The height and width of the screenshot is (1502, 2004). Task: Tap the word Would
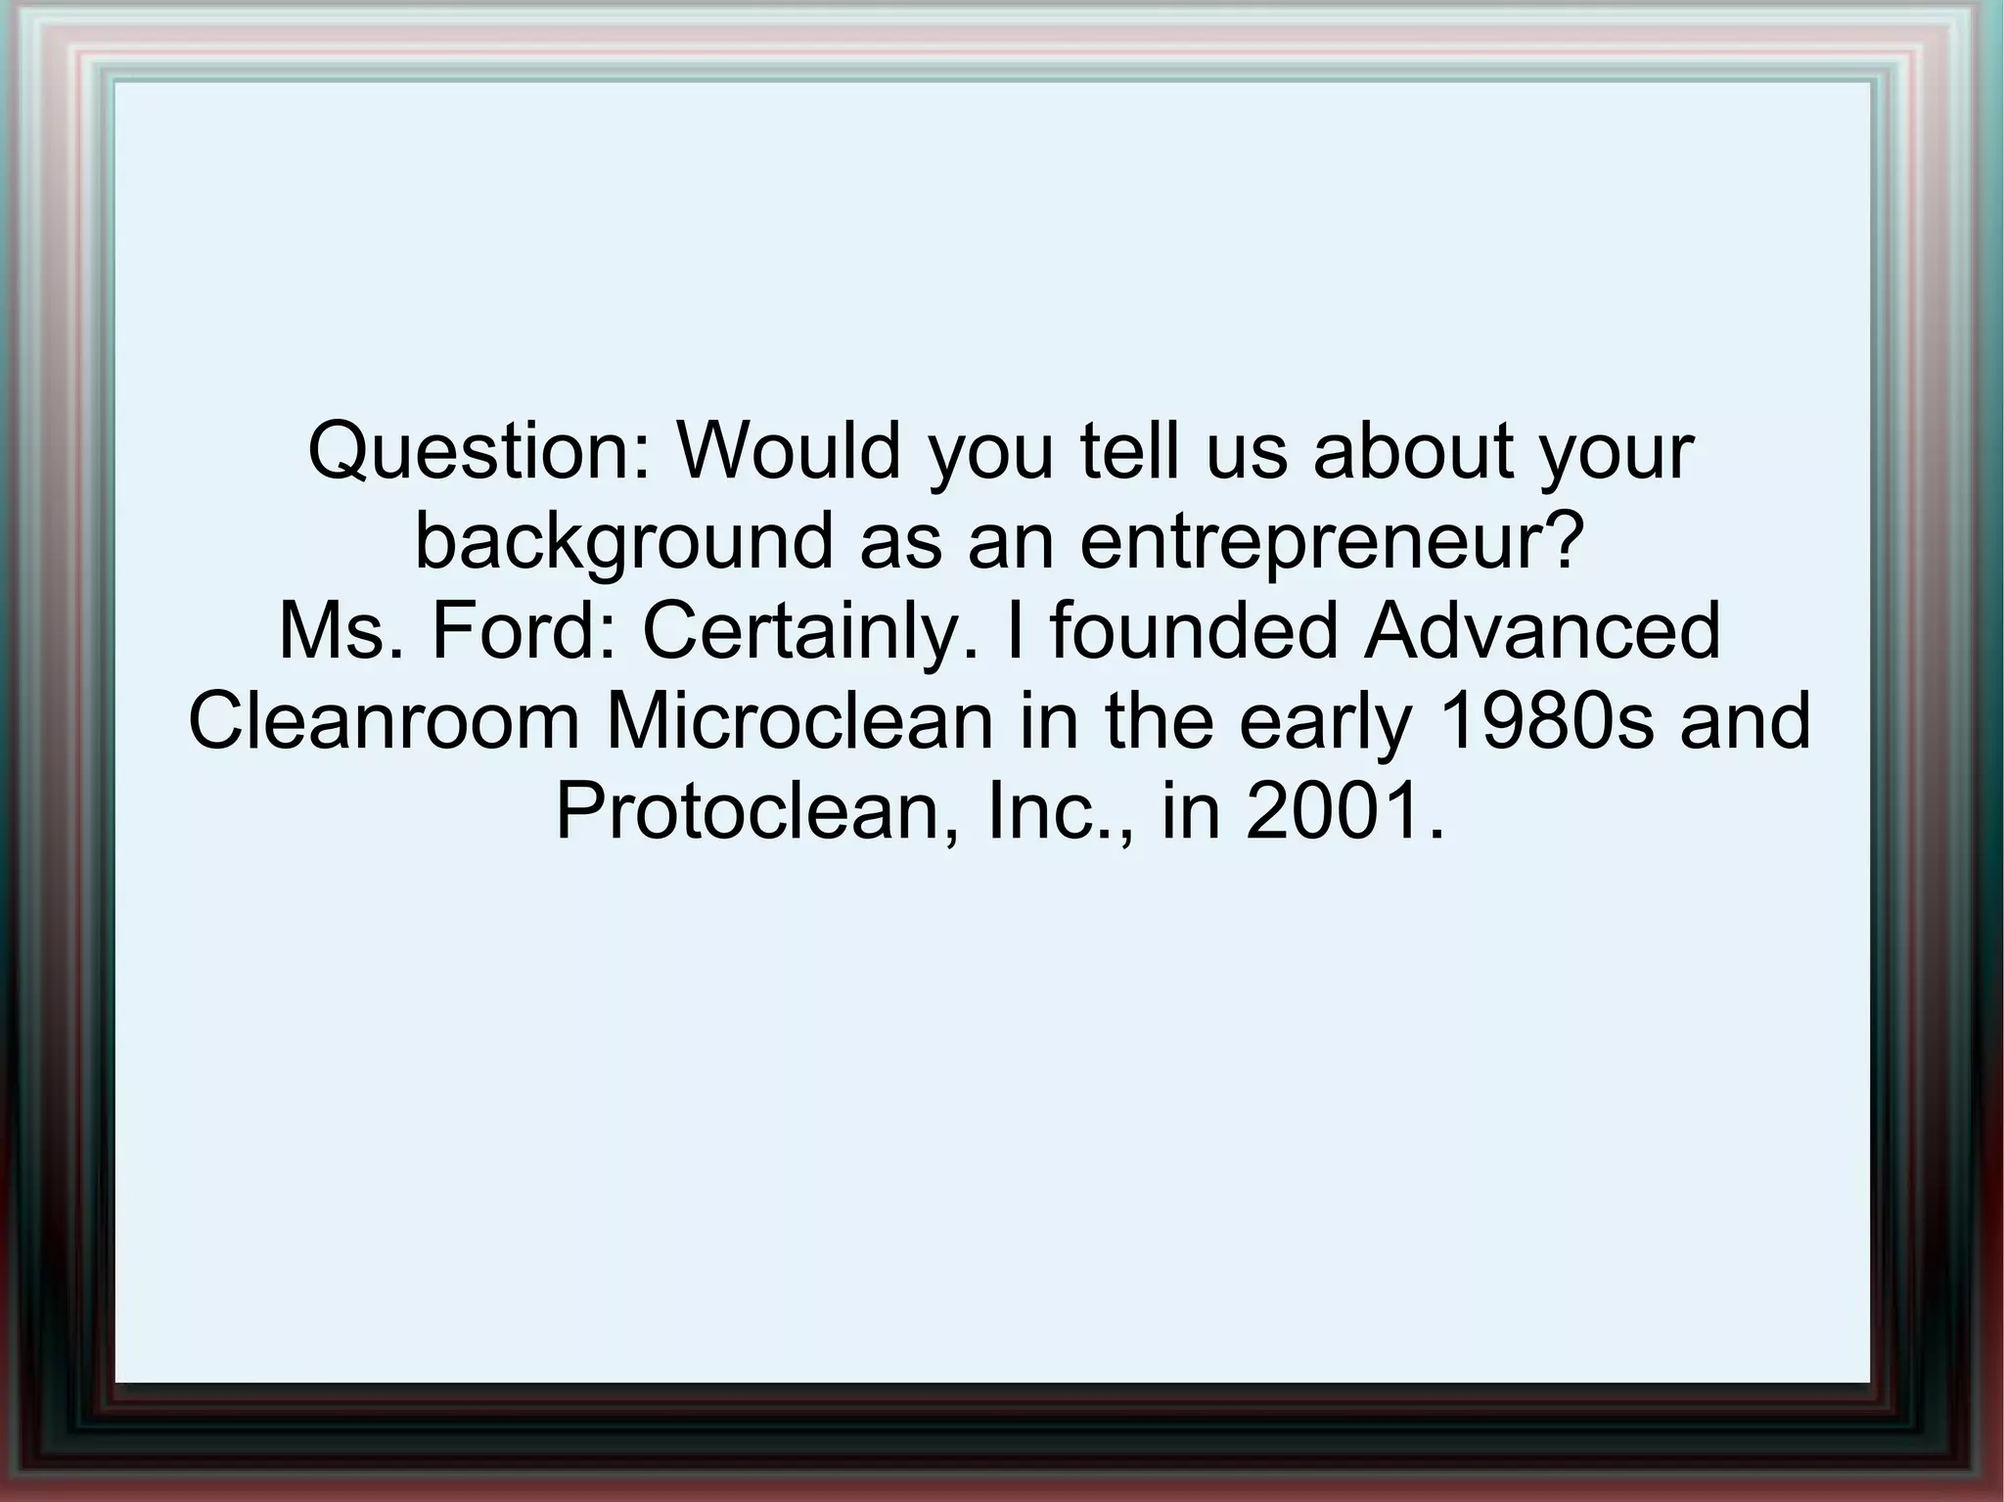[x=789, y=451]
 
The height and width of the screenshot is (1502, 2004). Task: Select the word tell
[x=1131, y=451]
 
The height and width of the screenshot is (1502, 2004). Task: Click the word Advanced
[x=1542, y=631]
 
